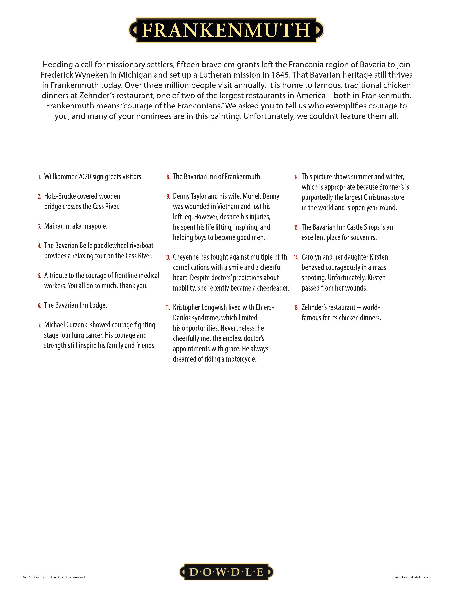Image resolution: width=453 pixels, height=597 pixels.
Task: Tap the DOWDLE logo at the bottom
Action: pos(226,571)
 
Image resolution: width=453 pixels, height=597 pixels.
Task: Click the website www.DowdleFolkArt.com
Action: pos(411,577)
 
